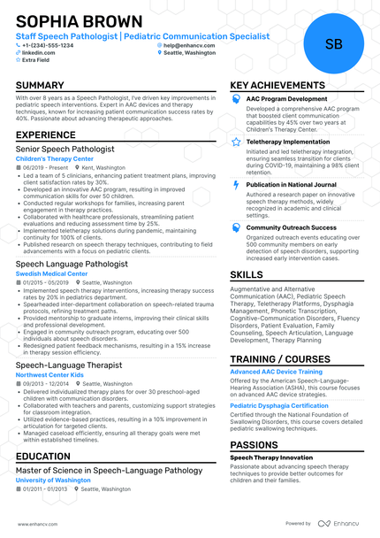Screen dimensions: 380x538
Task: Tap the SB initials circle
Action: pyautogui.click(x=334, y=44)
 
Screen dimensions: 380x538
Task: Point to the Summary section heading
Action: pyautogui.click(x=46, y=86)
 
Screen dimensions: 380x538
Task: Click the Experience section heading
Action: pyautogui.click(x=52, y=135)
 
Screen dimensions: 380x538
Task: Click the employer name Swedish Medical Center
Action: pyautogui.click(x=52, y=274)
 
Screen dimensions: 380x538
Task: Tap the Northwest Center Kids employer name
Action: pyautogui.click(x=55, y=374)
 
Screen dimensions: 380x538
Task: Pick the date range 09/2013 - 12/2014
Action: pyautogui.click(x=46, y=383)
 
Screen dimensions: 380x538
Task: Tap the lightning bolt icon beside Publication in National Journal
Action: pyautogui.click(x=236, y=185)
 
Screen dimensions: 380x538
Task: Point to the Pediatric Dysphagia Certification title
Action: pyautogui.click(x=279, y=405)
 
